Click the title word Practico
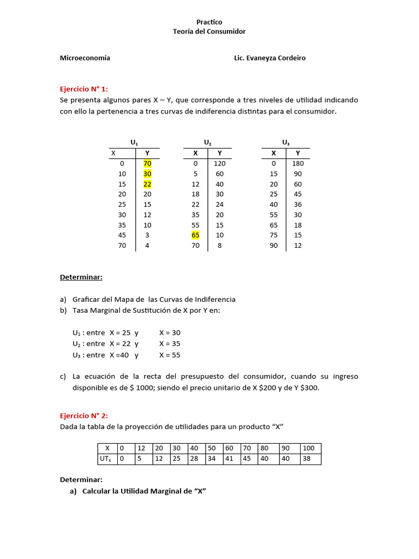pyautogui.click(x=209, y=22)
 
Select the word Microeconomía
pyautogui.click(x=85, y=58)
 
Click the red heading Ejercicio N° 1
pyautogui.click(x=84, y=89)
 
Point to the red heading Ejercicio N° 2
pyautogui.click(x=84, y=415)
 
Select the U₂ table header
pyautogui.click(x=207, y=142)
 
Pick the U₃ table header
pyautogui.click(x=286, y=142)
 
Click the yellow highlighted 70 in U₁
pyautogui.click(x=147, y=163)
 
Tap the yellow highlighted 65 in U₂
pyautogui.click(x=195, y=235)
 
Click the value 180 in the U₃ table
pyautogui.click(x=298, y=163)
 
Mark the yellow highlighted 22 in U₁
pyautogui.click(x=147, y=184)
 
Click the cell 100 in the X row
pyautogui.click(x=309, y=448)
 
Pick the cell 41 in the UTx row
pyautogui.click(x=229, y=459)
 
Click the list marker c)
pyautogui.click(x=63, y=377)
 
